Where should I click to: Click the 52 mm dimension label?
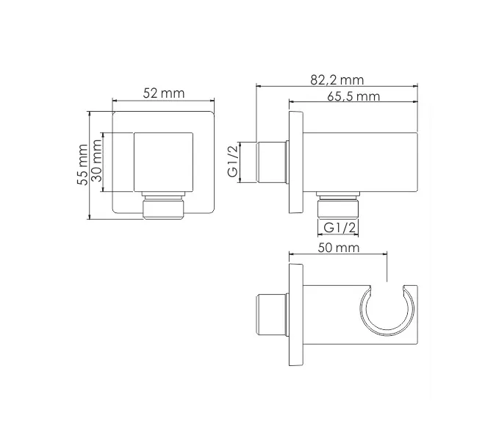click(x=163, y=93)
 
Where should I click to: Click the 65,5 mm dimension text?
click(x=356, y=97)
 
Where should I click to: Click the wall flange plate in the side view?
click(x=296, y=162)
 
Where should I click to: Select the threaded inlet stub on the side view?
click(x=272, y=162)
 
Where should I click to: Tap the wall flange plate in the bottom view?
click(x=296, y=316)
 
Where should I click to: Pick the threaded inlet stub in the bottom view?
click(x=271, y=316)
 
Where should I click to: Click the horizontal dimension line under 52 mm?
click(x=163, y=101)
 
